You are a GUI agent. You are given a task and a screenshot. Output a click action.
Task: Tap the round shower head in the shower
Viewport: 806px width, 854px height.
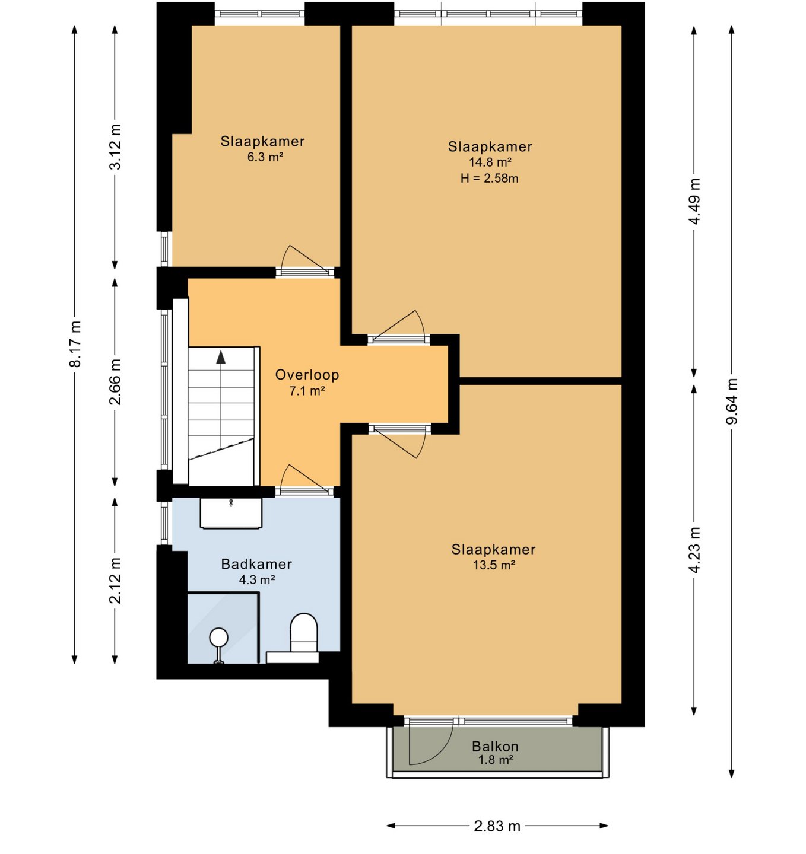pyautogui.click(x=219, y=636)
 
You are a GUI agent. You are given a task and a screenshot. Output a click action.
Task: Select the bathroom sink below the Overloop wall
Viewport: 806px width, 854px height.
pyautogui.click(x=231, y=513)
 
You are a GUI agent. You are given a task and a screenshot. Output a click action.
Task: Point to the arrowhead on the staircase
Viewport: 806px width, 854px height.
pyautogui.click(x=221, y=358)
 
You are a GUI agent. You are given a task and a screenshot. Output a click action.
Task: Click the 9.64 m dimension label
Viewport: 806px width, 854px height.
pyautogui.click(x=732, y=401)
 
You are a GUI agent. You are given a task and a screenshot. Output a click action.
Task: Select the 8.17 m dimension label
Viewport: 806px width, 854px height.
pyautogui.click(x=75, y=344)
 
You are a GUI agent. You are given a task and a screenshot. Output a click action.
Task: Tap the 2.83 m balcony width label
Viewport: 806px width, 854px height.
pyautogui.click(x=497, y=826)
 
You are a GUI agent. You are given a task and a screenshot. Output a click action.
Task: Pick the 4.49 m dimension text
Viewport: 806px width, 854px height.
pyautogui.click(x=694, y=201)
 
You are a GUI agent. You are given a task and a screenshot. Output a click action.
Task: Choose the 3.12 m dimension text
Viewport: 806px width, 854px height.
pyautogui.click(x=115, y=146)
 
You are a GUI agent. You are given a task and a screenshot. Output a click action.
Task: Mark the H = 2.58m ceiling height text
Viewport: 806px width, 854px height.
pyautogui.click(x=490, y=178)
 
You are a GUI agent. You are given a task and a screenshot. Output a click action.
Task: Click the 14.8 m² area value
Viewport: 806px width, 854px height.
pyautogui.click(x=490, y=162)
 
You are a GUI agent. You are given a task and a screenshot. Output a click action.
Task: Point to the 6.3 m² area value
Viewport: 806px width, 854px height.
pyautogui.click(x=265, y=157)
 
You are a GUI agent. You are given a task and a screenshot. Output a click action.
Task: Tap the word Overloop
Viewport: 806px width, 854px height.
pyautogui.click(x=307, y=375)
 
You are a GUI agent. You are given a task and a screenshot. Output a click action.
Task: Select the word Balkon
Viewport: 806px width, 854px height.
pyautogui.click(x=495, y=746)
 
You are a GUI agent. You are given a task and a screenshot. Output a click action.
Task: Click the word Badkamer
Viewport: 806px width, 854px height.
pyautogui.click(x=256, y=564)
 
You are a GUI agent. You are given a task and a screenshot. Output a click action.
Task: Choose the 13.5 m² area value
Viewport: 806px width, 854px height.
pyautogui.click(x=494, y=565)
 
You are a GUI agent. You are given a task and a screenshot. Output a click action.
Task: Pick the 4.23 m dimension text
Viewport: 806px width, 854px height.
pyautogui.click(x=694, y=550)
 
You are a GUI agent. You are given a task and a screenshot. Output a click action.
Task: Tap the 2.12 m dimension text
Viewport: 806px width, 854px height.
pyautogui.click(x=115, y=581)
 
